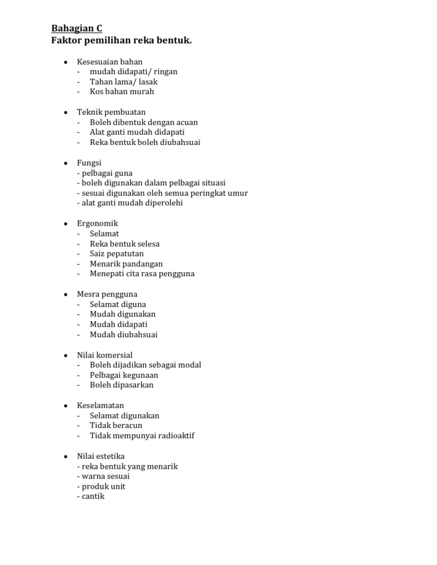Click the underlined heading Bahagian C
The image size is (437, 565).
click(x=77, y=28)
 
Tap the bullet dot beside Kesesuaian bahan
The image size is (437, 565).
click(x=66, y=61)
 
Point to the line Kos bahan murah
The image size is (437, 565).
click(x=121, y=92)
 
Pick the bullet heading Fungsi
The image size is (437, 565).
click(x=89, y=163)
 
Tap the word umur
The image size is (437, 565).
click(x=237, y=193)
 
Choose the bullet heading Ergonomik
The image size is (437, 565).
click(x=97, y=223)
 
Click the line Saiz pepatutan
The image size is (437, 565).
click(x=117, y=254)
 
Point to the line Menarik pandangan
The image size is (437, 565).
click(x=126, y=264)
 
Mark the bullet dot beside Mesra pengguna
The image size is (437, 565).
click(x=66, y=294)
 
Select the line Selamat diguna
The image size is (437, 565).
click(x=118, y=304)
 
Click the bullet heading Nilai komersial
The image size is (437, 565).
click(x=105, y=355)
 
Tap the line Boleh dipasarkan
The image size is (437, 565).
click(x=121, y=385)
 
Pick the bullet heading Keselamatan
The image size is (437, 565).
click(x=100, y=405)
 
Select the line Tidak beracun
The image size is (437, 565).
click(x=116, y=425)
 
